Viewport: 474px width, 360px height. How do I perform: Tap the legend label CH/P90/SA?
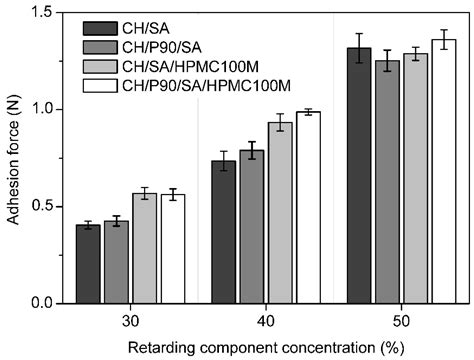coord(163,46)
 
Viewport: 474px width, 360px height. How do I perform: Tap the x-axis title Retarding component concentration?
coord(264,346)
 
